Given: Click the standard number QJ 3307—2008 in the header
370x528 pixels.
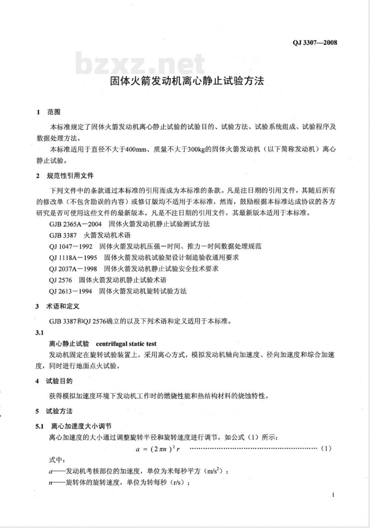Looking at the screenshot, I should coord(314,43).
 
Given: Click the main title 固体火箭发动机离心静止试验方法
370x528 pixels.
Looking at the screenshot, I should coord(187,81).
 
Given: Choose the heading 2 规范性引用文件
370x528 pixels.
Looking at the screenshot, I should coord(65,176).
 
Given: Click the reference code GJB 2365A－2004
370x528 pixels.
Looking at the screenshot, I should coord(75,224).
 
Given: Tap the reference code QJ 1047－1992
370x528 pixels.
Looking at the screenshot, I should coord(70,246).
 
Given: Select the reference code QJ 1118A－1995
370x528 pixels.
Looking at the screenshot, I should coord(73,258).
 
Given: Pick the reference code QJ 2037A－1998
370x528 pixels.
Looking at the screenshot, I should coord(73,269).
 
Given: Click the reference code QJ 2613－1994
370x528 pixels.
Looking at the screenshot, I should coord(70,291).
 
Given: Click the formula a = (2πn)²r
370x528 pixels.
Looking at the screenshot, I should coord(160,449).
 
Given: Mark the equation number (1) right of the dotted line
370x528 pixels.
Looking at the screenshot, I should coord(326,448).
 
